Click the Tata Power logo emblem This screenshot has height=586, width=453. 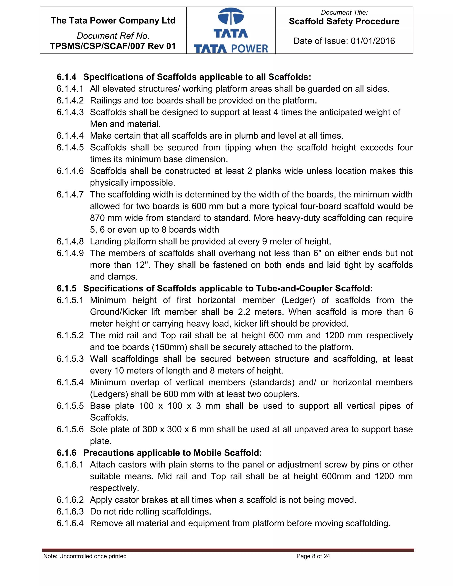pos(231,17)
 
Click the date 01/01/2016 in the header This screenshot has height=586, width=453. pos(373,41)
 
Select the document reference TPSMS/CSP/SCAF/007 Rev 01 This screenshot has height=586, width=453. pos(113,46)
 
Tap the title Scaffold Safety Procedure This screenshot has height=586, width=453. pos(344,21)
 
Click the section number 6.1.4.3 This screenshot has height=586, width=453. pos(70,112)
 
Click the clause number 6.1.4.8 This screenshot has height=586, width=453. pos(70,241)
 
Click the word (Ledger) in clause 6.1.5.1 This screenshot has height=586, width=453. pos(298,300)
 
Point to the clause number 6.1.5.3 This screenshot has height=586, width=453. pos(70,359)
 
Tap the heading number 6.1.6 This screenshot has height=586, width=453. pos(66,453)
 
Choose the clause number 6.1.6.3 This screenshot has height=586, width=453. pos(70,512)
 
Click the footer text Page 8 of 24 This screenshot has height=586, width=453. pos(313,556)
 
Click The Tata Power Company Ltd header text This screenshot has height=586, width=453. pos(113,21)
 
